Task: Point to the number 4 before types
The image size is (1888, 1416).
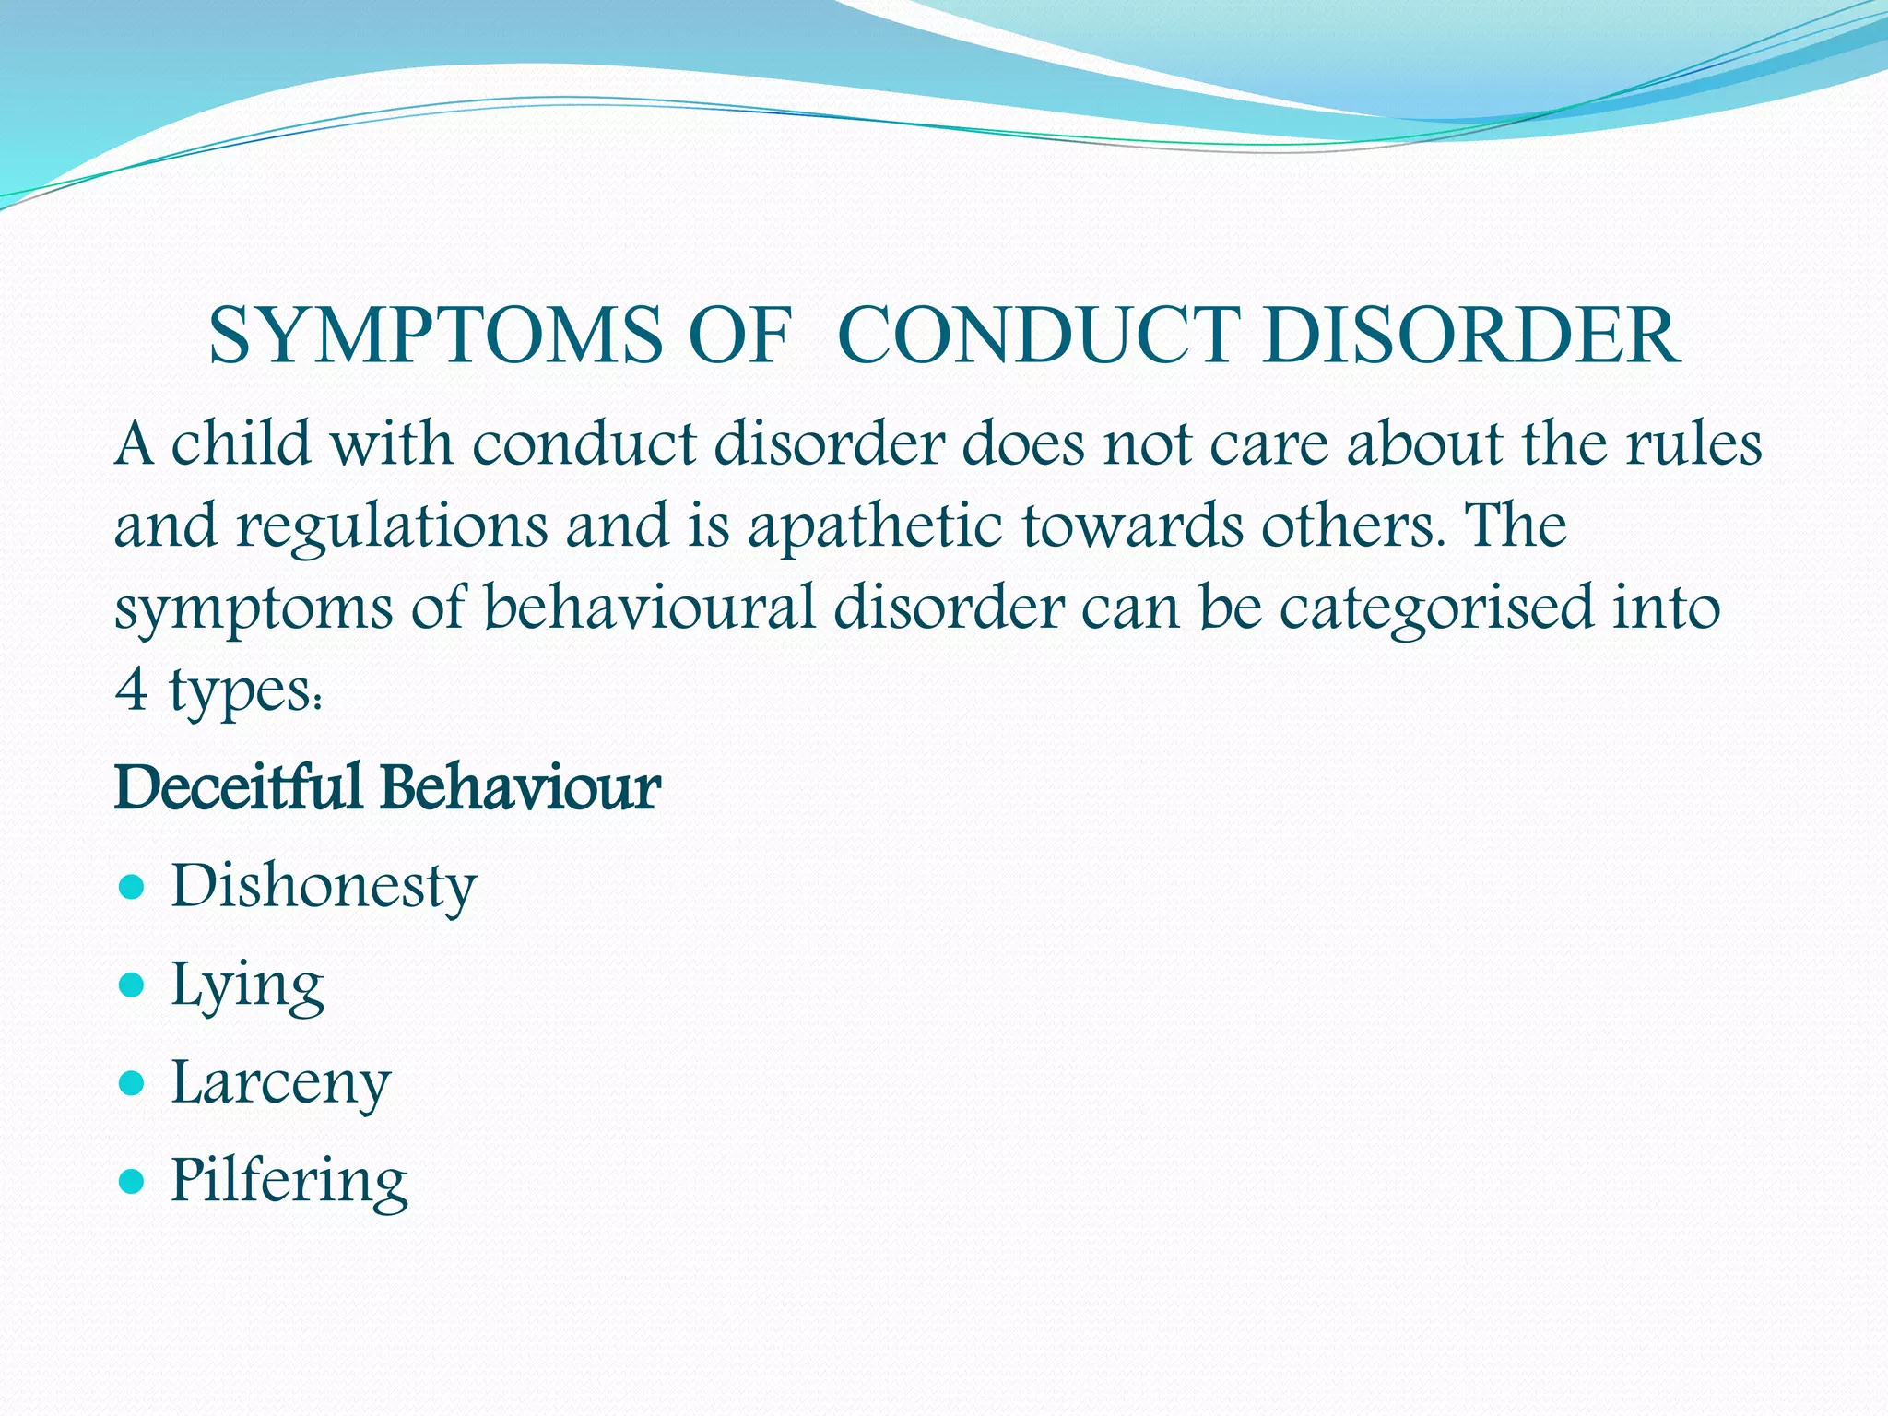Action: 132,690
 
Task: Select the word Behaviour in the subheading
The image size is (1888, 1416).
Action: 520,788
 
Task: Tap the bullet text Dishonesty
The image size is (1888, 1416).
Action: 324,887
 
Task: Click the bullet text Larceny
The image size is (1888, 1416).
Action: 281,1083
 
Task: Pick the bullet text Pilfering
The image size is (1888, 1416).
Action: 289,1181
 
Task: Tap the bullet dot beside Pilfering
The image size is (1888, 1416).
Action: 133,1181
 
